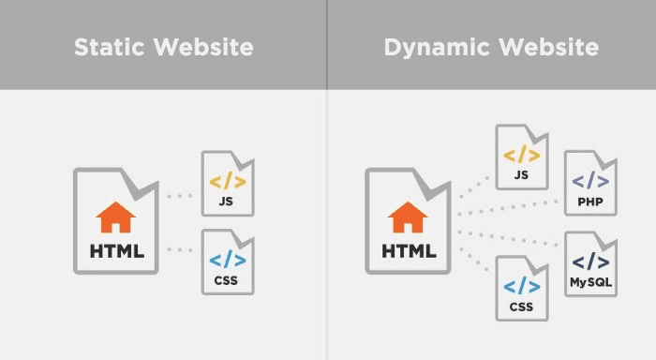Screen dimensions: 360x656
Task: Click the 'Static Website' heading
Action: (x=164, y=46)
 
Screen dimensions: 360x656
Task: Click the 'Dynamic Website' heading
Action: (x=491, y=46)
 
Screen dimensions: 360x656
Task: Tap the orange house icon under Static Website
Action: (x=116, y=219)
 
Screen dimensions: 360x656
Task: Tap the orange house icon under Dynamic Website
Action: (x=408, y=219)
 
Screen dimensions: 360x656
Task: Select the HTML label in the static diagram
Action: (x=116, y=250)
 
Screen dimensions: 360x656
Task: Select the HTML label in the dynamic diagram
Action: (x=408, y=250)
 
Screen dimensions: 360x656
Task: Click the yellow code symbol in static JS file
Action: (x=227, y=181)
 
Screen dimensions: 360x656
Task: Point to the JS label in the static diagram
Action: (x=227, y=201)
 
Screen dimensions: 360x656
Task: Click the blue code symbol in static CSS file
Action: (x=227, y=260)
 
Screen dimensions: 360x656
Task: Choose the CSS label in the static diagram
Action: (x=227, y=279)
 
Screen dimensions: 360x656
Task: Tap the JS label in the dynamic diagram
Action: (x=521, y=174)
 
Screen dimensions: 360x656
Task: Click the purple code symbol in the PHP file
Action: (x=590, y=182)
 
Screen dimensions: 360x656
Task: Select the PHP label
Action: (x=590, y=202)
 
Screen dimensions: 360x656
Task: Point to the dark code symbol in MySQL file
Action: (x=590, y=262)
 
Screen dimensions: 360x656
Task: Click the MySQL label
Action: (x=590, y=281)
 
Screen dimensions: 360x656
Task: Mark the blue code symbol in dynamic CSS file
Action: (x=521, y=287)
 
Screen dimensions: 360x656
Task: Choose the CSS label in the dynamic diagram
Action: (x=521, y=306)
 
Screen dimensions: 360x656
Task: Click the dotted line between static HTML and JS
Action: (x=179, y=197)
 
